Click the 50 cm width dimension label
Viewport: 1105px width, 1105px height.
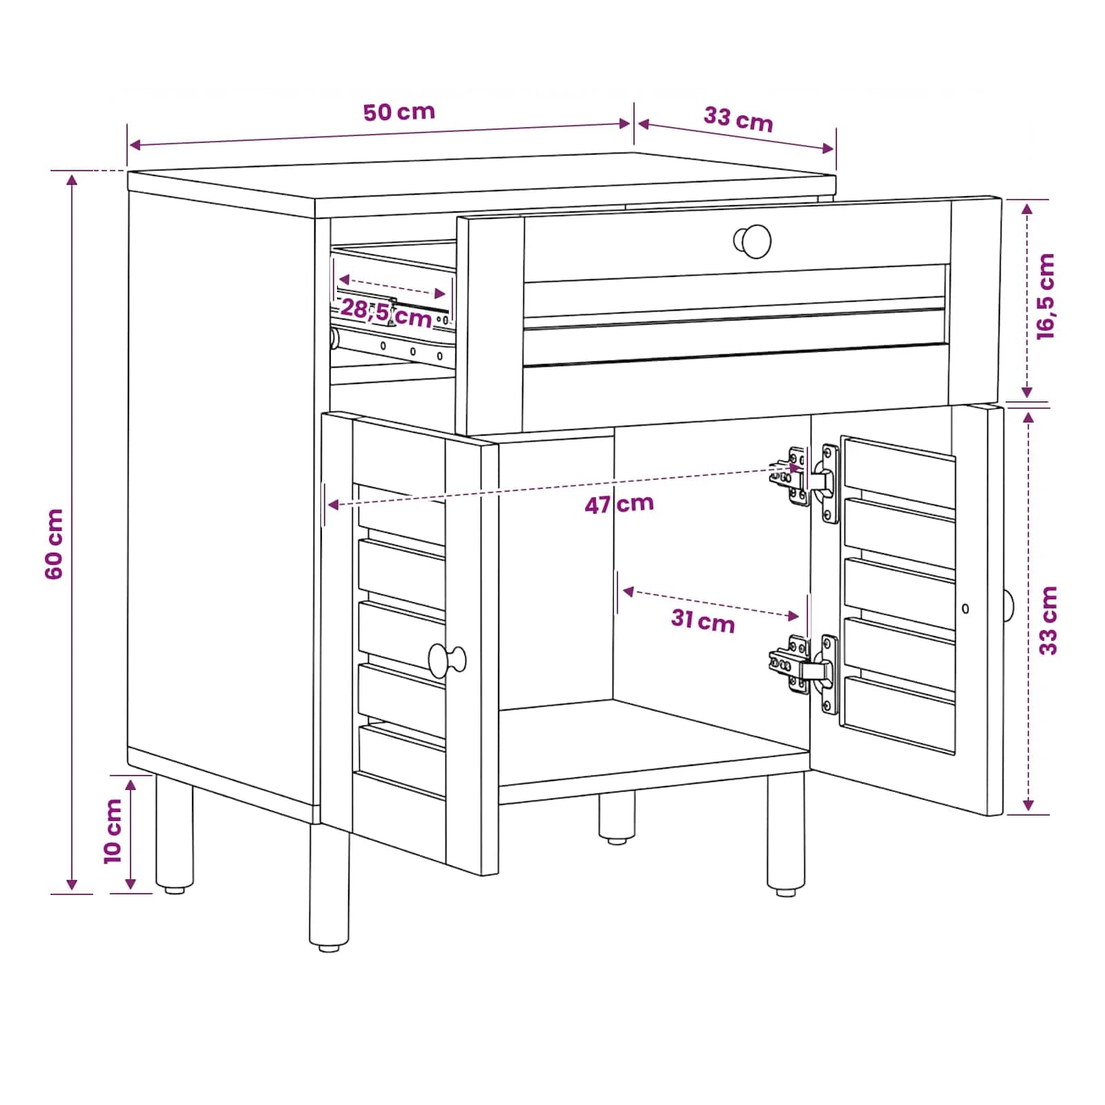click(x=399, y=111)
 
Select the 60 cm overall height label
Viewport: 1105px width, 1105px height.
click(x=54, y=544)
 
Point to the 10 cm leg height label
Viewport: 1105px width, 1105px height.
click(x=113, y=831)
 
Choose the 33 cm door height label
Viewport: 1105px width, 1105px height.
click(x=1048, y=620)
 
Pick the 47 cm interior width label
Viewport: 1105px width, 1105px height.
click(x=619, y=504)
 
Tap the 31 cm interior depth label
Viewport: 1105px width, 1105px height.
click(x=703, y=620)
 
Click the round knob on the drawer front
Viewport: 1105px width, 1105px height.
click(x=753, y=241)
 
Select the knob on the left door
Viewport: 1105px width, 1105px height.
click(x=447, y=660)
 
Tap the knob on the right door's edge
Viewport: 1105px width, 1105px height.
click(x=1008, y=606)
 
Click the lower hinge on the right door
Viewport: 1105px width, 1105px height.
click(x=805, y=671)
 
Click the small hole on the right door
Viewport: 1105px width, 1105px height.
click(x=965, y=608)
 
